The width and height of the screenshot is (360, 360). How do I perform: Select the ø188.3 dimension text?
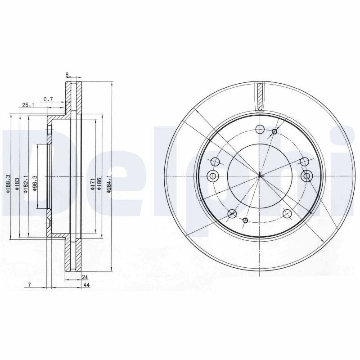pos(8,184)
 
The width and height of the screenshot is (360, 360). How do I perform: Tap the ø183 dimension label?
pos(17,184)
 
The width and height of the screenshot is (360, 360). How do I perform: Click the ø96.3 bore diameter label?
pos(35,184)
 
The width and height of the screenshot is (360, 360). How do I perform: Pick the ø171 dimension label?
pos(92,184)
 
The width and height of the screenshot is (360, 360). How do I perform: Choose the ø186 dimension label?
pos(99,184)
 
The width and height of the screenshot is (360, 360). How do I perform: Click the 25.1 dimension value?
pos(28,105)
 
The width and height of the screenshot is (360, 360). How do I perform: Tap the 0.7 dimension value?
pos(48,99)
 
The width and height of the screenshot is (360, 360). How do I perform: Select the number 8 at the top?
pos(67,74)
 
